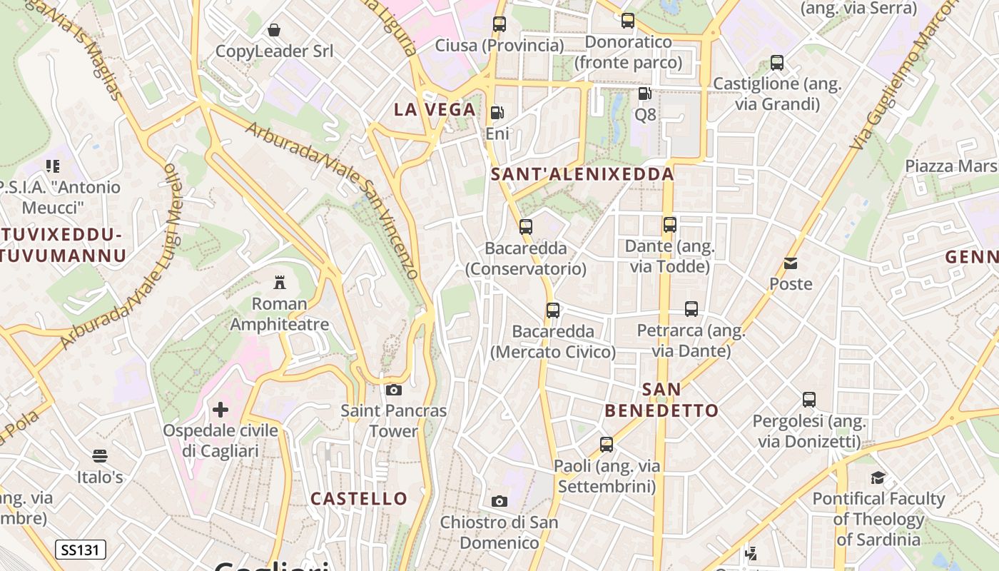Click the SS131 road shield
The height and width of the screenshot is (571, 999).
(x=81, y=550)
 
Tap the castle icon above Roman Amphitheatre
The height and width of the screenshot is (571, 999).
(x=280, y=283)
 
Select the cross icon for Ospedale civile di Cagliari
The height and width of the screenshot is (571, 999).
(x=220, y=410)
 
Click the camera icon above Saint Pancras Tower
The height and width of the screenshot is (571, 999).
(x=393, y=390)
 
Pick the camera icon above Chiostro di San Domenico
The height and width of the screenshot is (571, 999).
(x=499, y=501)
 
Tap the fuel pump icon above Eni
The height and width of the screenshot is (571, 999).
(x=497, y=113)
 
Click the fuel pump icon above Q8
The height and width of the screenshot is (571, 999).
(x=644, y=93)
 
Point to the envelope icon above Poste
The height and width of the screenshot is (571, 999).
(x=791, y=263)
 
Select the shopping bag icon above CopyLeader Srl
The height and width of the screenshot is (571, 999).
(x=274, y=30)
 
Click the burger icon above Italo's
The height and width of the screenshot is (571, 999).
(x=100, y=455)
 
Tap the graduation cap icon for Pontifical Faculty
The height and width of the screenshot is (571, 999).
(x=878, y=477)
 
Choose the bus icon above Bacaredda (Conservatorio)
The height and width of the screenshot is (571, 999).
(x=526, y=227)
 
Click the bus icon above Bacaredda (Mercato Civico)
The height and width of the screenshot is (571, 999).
(x=553, y=310)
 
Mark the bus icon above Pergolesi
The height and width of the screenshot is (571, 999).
(x=808, y=400)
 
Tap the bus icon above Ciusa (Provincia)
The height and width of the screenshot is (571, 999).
(x=499, y=24)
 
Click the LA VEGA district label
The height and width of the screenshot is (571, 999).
(x=435, y=109)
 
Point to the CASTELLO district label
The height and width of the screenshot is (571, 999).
(x=359, y=498)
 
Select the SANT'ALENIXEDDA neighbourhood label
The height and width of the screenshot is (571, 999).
(x=582, y=173)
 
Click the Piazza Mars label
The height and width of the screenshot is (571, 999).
(x=950, y=166)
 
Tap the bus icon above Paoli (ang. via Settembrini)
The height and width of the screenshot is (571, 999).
(x=607, y=445)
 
